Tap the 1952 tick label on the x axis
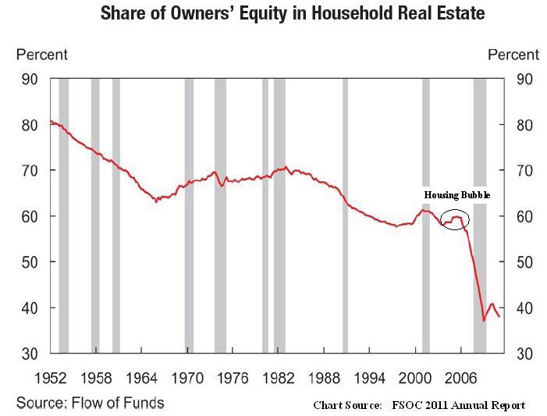click(51, 379)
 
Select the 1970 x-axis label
click(187, 379)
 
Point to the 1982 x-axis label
click(279, 379)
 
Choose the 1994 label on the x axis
click(369, 379)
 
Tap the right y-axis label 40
click(524, 308)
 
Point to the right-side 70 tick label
click(524, 170)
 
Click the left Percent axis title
click(42, 55)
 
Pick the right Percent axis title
click(513, 55)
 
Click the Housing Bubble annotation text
click(457, 195)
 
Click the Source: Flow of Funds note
click(91, 403)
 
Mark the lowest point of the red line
click(484, 320)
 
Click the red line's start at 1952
click(51, 121)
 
